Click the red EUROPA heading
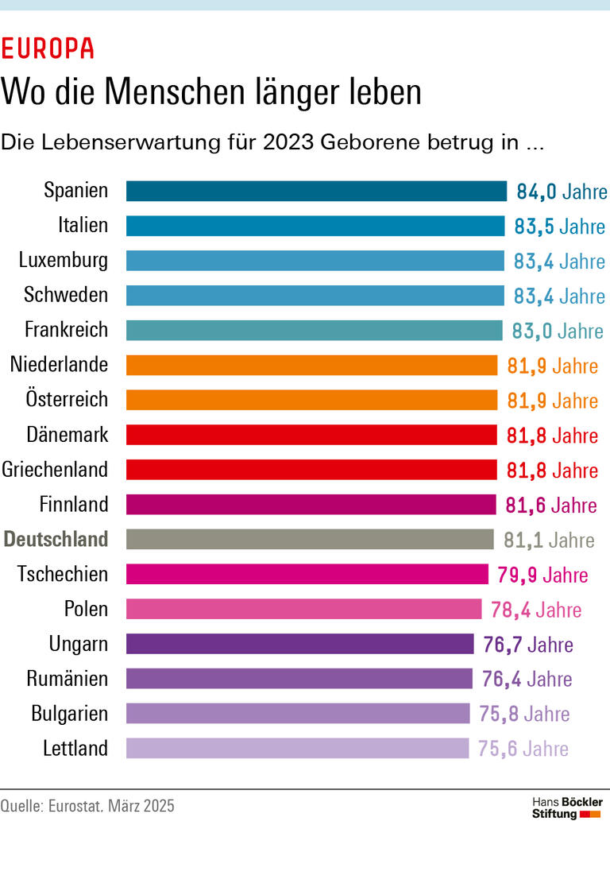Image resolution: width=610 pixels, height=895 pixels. pyautogui.click(x=48, y=49)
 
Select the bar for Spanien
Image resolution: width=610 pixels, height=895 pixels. pyautogui.click(x=316, y=192)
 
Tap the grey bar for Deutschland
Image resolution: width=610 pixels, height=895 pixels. pyautogui.click(x=310, y=540)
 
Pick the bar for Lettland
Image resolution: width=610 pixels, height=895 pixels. pyautogui.click(x=298, y=749)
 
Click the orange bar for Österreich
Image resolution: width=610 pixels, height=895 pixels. pyautogui.click(x=311, y=400)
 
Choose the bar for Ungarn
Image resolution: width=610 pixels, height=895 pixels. pyautogui.click(x=300, y=644)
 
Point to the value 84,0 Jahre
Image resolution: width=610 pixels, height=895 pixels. pyautogui.click(x=562, y=192)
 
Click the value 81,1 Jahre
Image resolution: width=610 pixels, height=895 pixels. pyautogui.click(x=549, y=540)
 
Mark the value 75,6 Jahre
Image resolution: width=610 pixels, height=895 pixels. pyautogui.click(x=523, y=749)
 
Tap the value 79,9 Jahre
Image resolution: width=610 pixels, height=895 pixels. pyautogui.click(x=542, y=575)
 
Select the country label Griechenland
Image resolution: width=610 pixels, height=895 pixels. pyautogui.click(x=55, y=470)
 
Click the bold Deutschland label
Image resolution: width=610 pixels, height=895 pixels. pyautogui.click(x=56, y=540)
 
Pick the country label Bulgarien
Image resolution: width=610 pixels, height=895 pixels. pyautogui.click(x=70, y=714)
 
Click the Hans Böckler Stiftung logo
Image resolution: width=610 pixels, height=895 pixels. pyautogui.click(x=566, y=808)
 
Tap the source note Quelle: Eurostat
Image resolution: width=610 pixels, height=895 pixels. pyautogui.click(x=87, y=806)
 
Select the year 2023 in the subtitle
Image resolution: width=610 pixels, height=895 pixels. pyautogui.click(x=288, y=143)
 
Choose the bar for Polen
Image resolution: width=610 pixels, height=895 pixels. pyautogui.click(x=304, y=610)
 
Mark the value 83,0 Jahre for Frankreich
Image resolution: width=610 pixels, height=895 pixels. pyautogui.click(x=558, y=331)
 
